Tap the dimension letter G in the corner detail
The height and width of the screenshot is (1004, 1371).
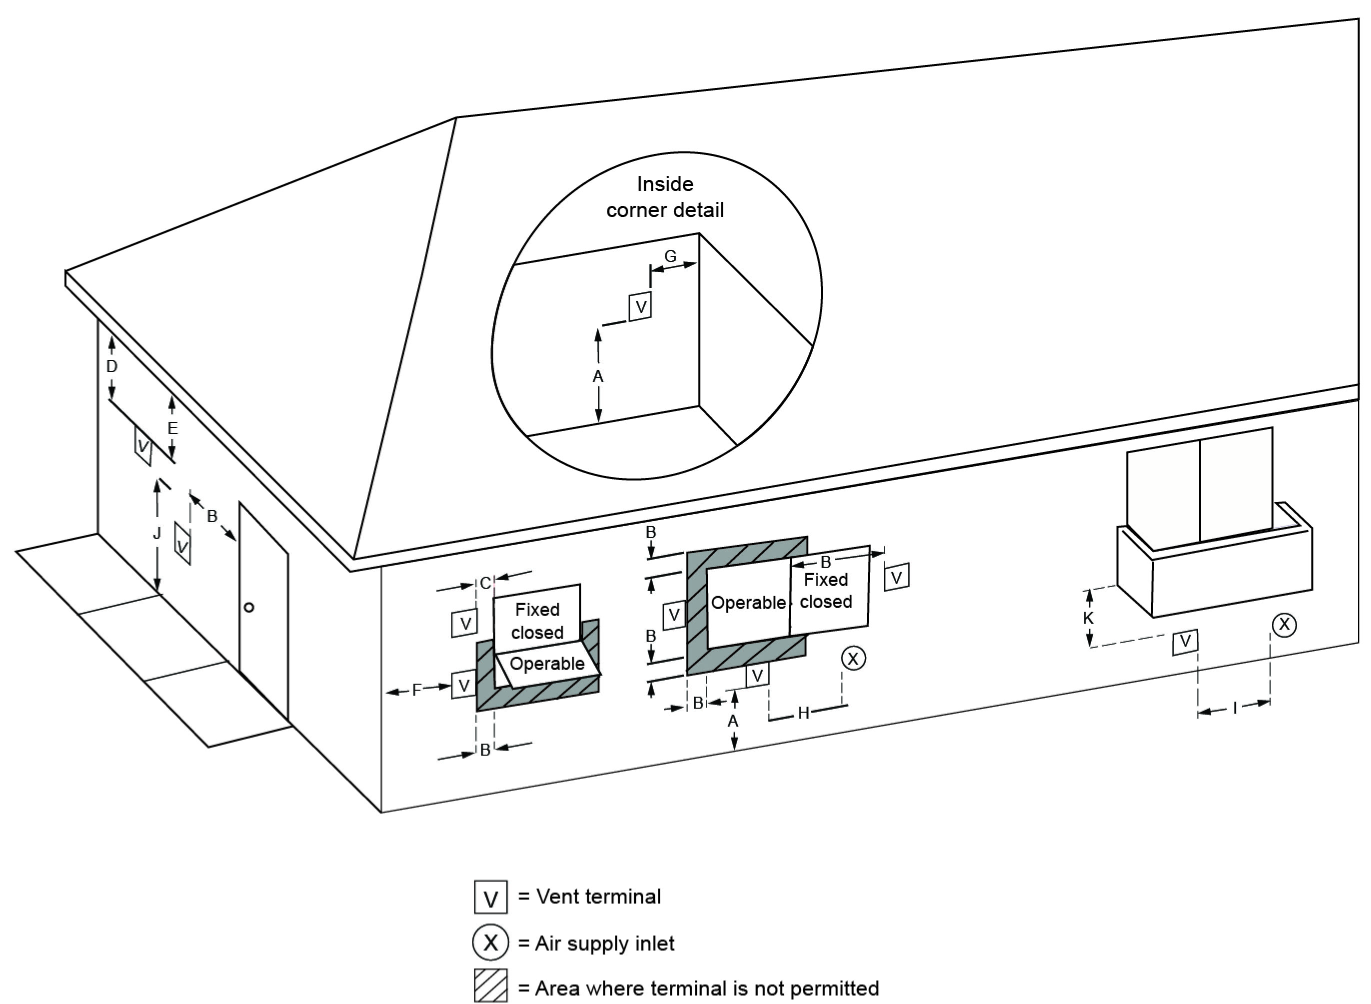670,256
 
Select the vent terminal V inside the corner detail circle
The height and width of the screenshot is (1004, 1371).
641,307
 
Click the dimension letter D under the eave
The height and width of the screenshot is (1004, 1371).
112,366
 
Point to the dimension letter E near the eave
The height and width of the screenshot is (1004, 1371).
172,428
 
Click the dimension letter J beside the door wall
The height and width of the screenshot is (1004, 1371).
157,534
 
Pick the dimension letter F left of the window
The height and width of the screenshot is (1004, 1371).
417,690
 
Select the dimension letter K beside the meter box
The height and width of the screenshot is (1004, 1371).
1089,618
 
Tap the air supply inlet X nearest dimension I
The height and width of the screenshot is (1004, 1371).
1284,624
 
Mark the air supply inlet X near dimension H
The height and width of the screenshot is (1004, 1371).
853,658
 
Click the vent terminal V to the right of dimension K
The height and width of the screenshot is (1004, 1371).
1185,641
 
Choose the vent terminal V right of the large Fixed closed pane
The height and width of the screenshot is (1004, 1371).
897,577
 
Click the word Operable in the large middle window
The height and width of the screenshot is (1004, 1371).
748,602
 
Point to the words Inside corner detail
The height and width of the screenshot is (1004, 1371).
665,197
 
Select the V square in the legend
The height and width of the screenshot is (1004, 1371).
490,897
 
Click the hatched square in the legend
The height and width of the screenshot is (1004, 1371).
490,987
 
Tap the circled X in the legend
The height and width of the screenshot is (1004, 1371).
490,943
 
